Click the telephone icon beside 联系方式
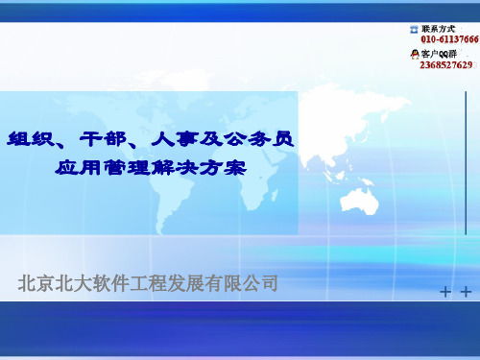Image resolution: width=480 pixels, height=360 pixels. [x=415, y=30]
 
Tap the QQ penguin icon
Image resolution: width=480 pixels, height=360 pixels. [x=415, y=56]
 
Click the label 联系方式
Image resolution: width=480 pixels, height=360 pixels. [x=438, y=30]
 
